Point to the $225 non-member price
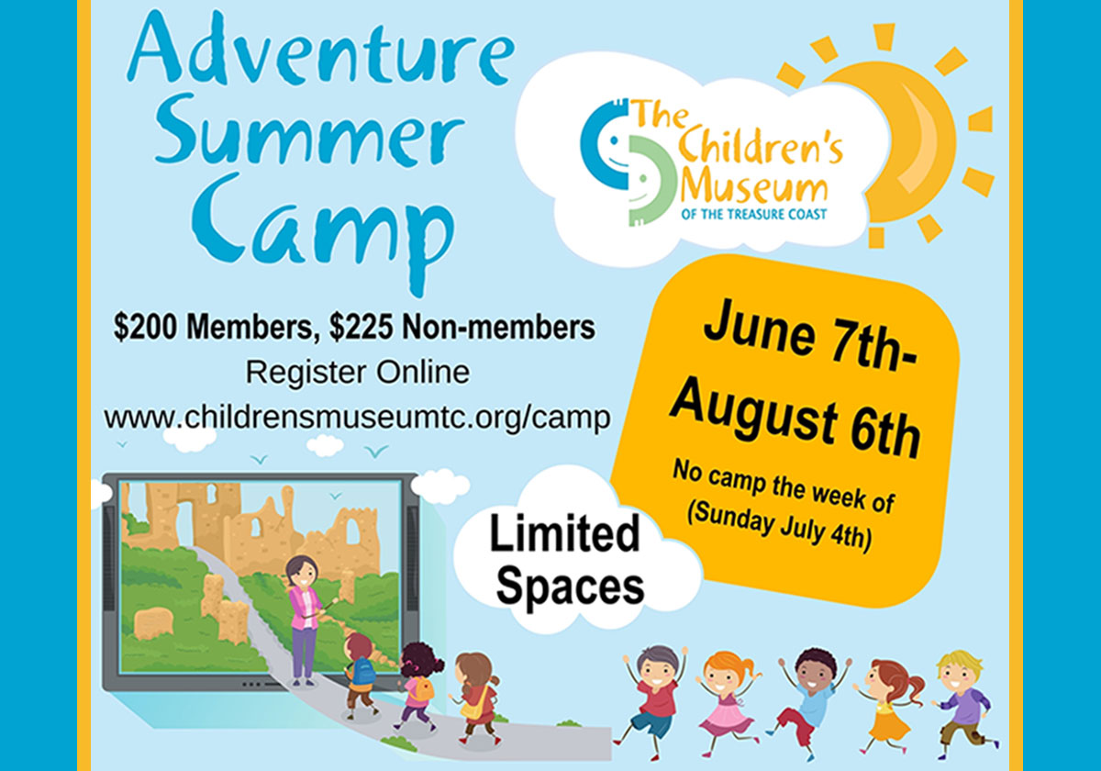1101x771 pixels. tap(361, 327)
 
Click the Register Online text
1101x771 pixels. tap(357, 373)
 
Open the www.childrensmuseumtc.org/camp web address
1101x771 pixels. tap(357, 418)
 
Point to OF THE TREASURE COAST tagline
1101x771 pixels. tap(753, 215)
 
